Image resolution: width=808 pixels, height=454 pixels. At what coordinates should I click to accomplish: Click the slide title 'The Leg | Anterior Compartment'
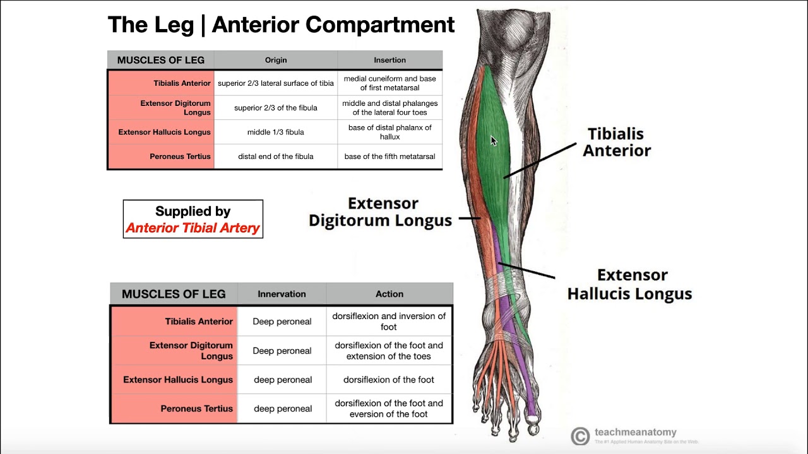coord(281,25)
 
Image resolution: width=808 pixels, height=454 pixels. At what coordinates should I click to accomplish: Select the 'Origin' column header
coord(276,60)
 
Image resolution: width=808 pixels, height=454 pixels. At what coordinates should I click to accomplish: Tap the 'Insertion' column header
coord(389,60)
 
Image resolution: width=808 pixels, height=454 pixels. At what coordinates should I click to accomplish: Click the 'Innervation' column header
coord(282,294)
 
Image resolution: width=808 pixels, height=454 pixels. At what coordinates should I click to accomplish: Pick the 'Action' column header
coord(389,294)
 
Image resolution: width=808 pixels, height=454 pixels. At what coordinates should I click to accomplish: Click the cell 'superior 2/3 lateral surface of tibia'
coord(276,83)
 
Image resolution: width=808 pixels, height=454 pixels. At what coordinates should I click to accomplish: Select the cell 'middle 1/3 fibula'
coord(276,132)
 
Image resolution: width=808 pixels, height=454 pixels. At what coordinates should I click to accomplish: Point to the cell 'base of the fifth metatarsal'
coord(389,156)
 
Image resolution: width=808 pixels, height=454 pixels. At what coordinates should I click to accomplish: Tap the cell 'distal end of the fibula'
coord(276,156)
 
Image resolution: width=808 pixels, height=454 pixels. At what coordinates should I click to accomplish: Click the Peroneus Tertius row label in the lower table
coord(196,409)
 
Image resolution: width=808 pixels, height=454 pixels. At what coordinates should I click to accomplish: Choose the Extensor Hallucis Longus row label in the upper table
coord(164,132)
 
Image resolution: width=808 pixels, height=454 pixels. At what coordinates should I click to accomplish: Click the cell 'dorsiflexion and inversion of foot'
coord(389,322)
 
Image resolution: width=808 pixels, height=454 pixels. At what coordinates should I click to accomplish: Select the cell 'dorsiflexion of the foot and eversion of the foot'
coord(389,409)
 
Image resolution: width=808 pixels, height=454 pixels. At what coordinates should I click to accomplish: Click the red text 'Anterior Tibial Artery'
coord(193,228)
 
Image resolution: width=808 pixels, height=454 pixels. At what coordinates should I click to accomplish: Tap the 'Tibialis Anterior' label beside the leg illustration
coord(616,142)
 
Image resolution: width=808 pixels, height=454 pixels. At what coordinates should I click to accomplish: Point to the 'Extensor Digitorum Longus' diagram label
coord(380,212)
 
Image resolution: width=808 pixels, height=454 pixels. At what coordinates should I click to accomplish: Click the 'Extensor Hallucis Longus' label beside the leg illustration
coord(629,284)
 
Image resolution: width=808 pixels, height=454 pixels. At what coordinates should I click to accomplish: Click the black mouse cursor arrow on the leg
coord(493,141)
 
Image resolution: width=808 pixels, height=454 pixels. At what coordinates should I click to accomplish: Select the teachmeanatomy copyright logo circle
coord(579,436)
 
